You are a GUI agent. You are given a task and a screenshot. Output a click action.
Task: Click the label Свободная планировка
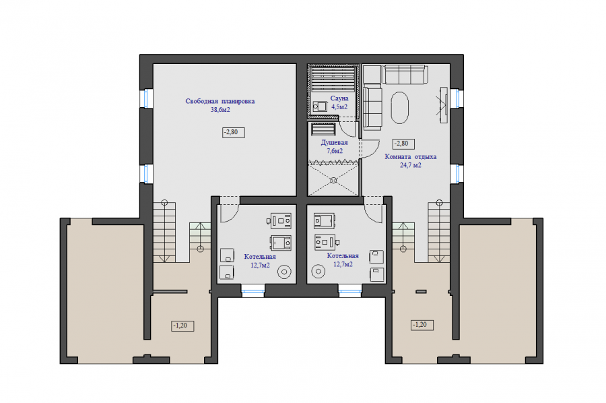(x=220, y=101)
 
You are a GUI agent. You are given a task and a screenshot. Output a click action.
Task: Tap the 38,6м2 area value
(x=220, y=110)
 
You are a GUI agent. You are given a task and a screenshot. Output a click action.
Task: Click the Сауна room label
(x=339, y=98)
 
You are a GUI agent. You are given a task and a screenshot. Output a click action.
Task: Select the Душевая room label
(x=334, y=143)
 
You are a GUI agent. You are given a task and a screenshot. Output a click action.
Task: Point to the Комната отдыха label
(x=411, y=156)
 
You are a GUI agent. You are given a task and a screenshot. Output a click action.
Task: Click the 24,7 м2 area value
(x=411, y=165)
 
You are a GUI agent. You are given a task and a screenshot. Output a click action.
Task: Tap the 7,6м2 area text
(x=335, y=151)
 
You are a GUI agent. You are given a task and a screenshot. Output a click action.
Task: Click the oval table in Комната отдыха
(x=399, y=108)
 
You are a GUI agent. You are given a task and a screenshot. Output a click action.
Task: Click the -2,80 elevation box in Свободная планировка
(x=234, y=132)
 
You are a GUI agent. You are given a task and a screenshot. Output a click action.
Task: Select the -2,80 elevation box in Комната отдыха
(x=403, y=144)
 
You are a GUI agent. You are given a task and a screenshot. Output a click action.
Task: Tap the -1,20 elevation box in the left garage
(x=182, y=326)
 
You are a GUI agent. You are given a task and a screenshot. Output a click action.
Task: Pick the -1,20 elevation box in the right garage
(x=422, y=325)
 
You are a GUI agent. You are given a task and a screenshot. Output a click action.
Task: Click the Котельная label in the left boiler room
(x=260, y=257)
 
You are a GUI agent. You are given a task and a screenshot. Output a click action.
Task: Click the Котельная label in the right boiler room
(x=343, y=256)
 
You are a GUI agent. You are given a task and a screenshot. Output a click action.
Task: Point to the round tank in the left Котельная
(x=284, y=272)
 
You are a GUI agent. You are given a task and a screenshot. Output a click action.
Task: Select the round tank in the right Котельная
(x=318, y=271)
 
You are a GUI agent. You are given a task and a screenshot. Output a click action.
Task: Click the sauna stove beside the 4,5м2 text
(x=320, y=106)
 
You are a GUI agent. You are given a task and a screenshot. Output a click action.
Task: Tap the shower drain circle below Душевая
(x=333, y=180)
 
